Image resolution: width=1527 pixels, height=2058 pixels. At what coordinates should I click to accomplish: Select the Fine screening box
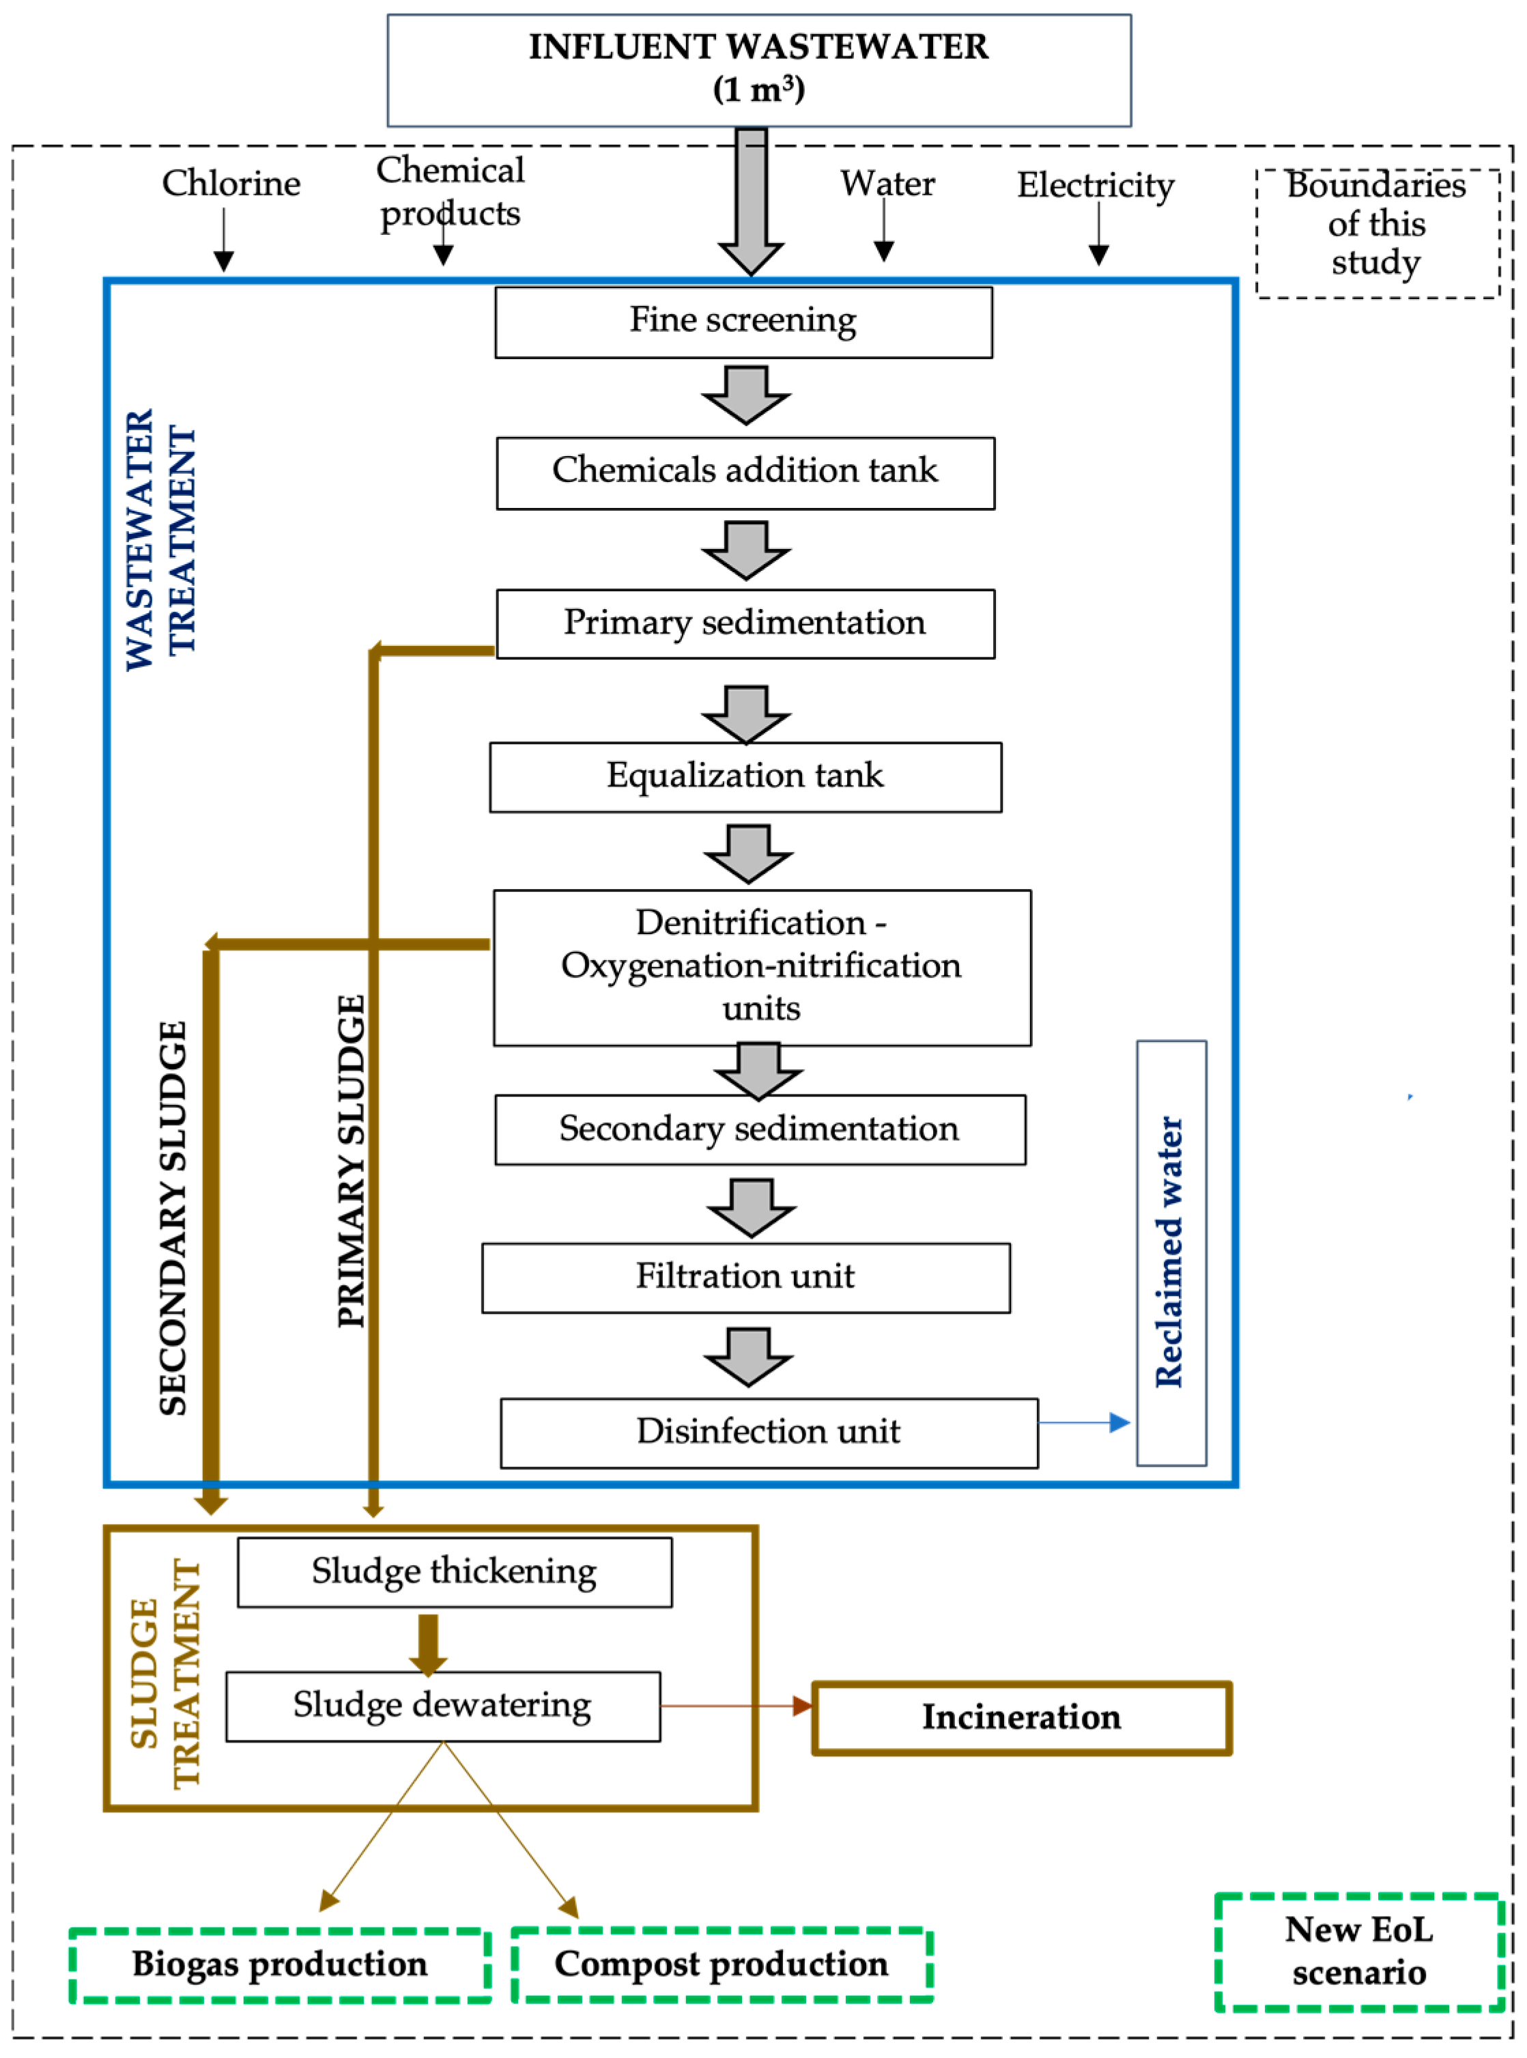click(x=743, y=322)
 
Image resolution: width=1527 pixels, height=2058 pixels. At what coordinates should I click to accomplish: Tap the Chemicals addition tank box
click(x=745, y=473)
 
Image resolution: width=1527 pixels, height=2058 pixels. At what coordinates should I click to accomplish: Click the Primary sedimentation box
click(x=745, y=624)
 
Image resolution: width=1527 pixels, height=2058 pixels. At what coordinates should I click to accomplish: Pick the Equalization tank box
click(x=745, y=776)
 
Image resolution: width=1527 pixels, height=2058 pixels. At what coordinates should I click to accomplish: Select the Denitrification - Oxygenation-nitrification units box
click(x=762, y=967)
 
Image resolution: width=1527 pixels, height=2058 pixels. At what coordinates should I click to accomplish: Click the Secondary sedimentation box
click(x=760, y=1129)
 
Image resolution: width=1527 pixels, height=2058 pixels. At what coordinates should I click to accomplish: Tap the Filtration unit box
click(x=745, y=1278)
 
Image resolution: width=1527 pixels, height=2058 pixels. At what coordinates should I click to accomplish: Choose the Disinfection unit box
click(x=768, y=1432)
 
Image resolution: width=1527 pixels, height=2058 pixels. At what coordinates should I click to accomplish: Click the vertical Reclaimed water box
click(x=1170, y=1253)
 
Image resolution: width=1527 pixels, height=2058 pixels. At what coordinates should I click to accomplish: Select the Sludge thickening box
click(x=454, y=1572)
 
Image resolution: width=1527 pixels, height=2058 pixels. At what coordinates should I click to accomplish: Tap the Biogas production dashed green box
click(x=279, y=1964)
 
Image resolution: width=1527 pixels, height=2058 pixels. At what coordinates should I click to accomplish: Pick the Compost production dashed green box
click(x=721, y=1964)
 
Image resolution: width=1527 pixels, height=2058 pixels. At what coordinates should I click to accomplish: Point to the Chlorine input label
click(x=231, y=183)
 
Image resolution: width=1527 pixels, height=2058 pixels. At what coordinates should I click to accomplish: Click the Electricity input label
click(x=1096, y=185)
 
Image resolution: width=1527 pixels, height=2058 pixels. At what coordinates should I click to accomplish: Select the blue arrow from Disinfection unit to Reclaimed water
click(x=1083, y=1423)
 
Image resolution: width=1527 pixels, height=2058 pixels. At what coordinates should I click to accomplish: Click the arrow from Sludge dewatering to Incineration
click(x=735, y=1706)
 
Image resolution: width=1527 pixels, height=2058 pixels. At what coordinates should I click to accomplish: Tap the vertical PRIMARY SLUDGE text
click(x=352, y=1160)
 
